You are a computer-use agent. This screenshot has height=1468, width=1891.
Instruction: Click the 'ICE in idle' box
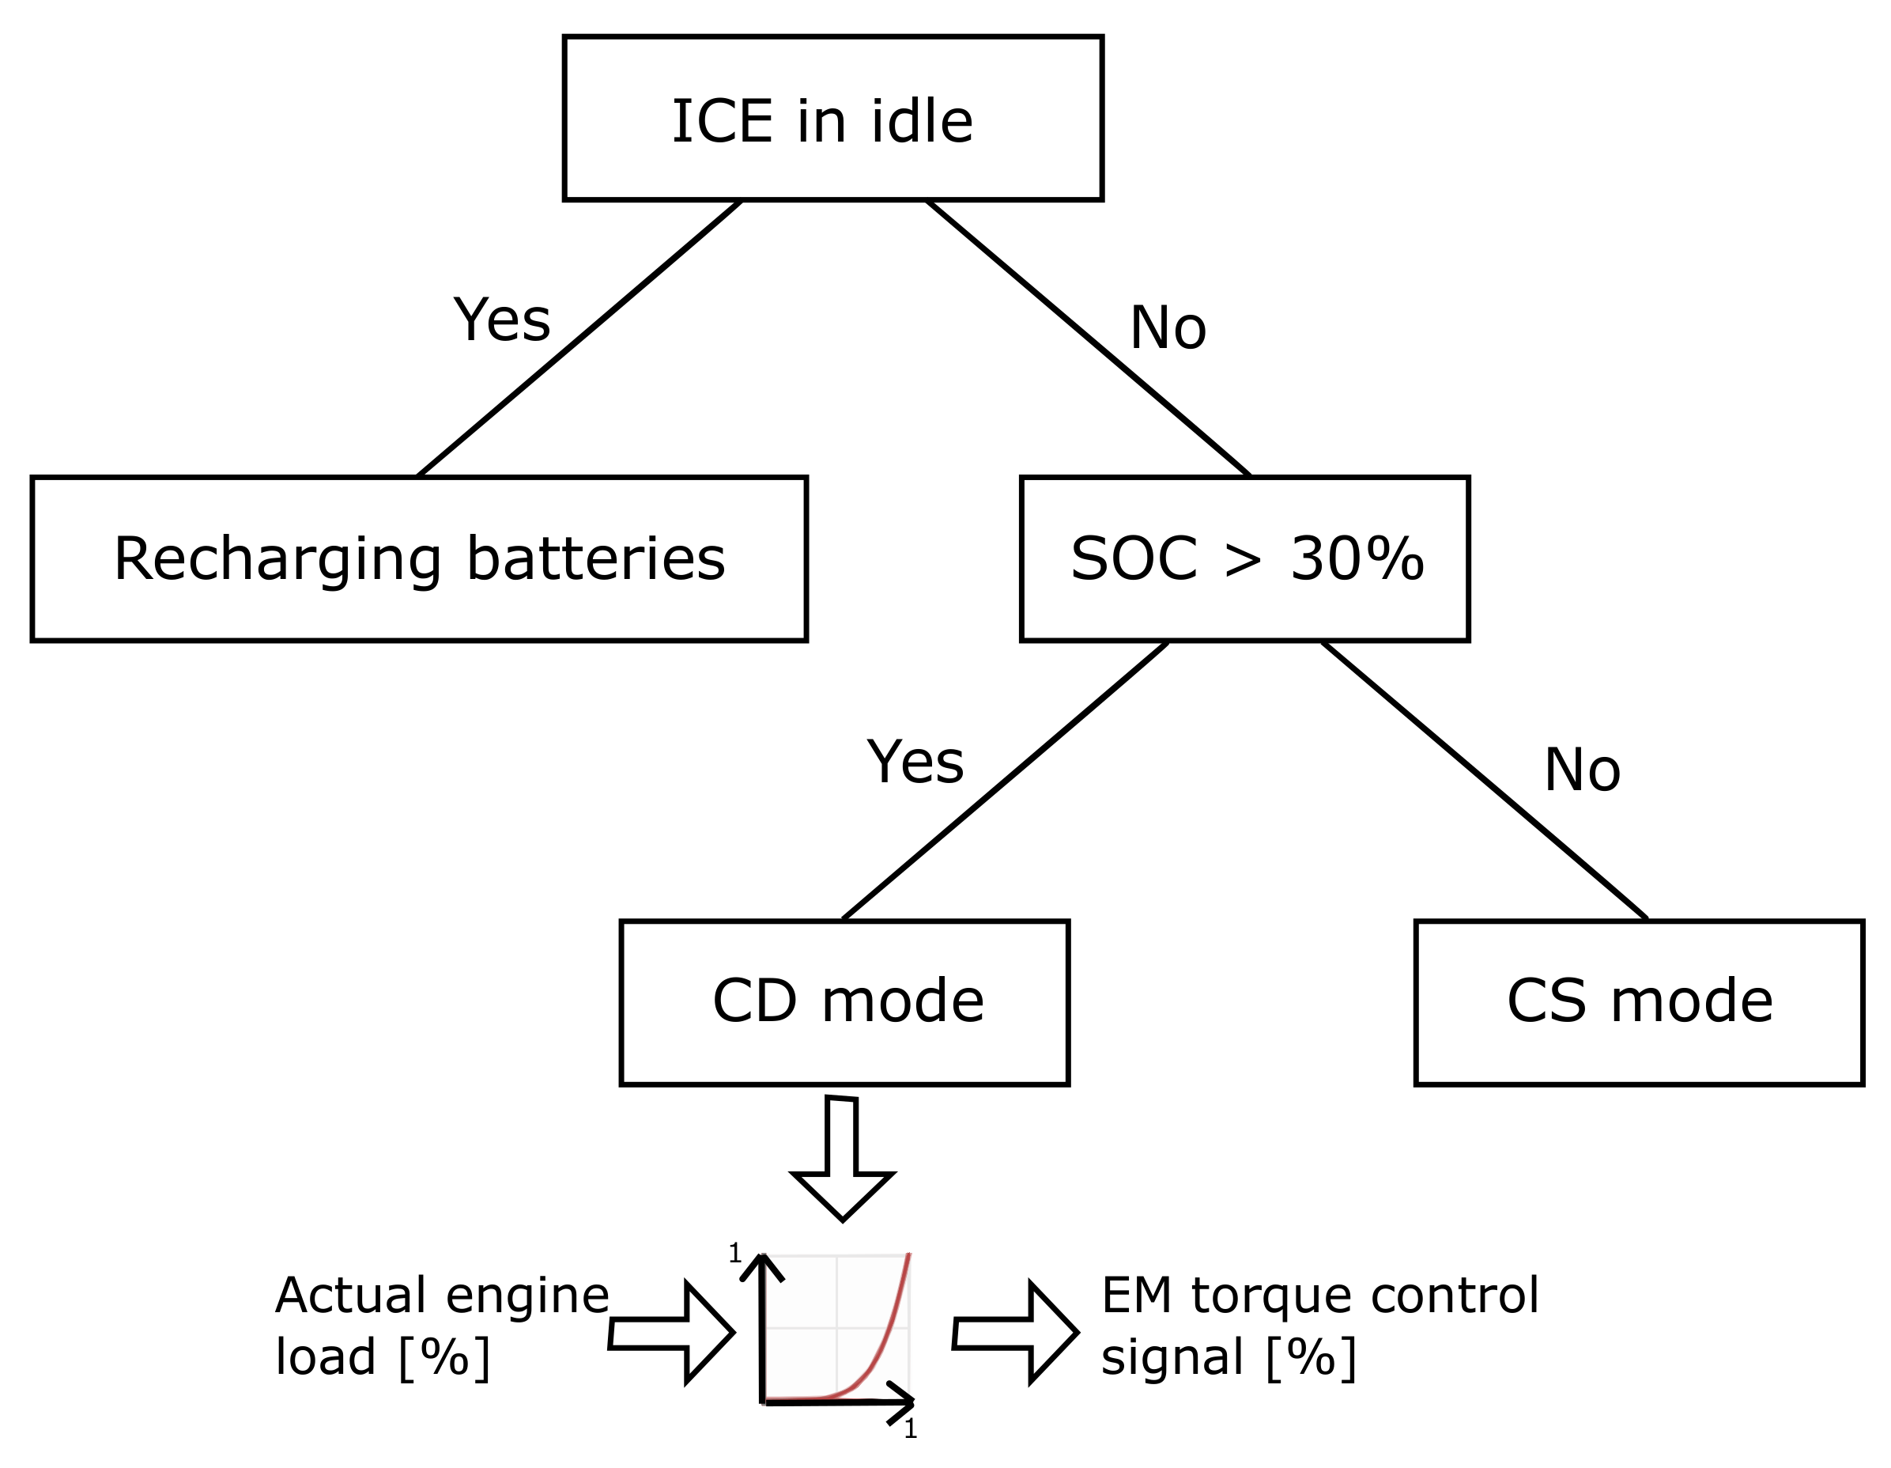tap(832, 119)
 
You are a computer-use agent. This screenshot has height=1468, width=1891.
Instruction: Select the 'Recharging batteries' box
tap(419, 558)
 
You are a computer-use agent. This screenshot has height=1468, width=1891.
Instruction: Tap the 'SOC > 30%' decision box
tap(1244, 558)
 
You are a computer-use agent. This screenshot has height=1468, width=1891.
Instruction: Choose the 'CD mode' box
tap(844, 1002)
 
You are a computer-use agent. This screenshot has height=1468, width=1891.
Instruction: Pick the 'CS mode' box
tap(1639, 1002)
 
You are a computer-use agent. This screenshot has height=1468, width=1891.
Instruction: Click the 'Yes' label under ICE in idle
tap(501, 320)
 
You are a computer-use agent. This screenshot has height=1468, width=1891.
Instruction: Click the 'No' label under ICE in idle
tap(1167, 328)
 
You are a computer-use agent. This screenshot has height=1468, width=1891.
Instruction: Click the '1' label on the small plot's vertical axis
tap(734, 1253)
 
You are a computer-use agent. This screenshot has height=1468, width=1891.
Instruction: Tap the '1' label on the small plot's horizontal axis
tap(910, 1428)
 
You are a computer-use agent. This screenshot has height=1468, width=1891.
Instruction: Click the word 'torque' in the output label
tap(1274, 1296)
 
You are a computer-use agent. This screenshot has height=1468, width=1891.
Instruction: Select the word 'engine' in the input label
tap(527, 1297)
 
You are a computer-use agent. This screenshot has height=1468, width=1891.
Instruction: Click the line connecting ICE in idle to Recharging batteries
tap(579, 339)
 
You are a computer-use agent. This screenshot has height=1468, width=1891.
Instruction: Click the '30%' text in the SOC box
tap(1357, 558)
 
